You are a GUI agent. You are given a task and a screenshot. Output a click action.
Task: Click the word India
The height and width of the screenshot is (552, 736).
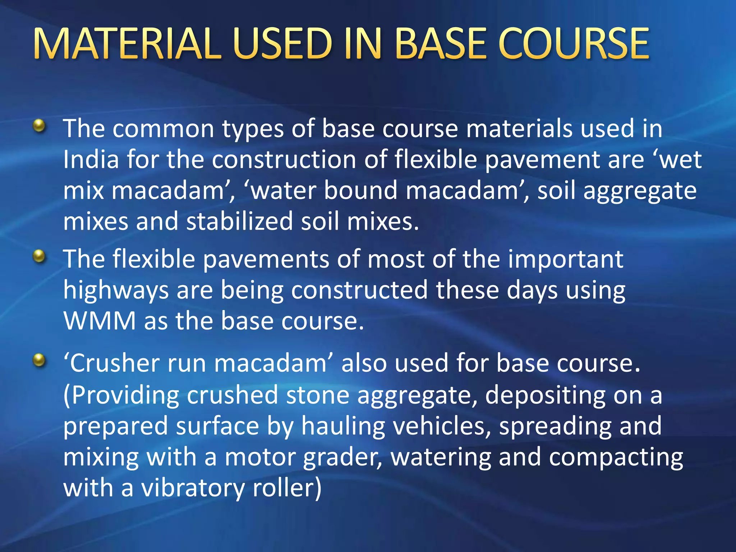tap(91, 160)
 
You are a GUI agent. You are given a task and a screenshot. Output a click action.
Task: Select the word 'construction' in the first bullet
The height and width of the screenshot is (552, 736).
tap(284, 160)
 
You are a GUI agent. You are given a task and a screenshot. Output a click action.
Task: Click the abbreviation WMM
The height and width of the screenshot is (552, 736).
tap(100, 321)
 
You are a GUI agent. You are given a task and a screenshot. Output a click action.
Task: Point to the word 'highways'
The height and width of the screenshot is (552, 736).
tap(116, 290)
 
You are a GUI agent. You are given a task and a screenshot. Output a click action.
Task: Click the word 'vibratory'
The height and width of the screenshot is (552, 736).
tap(193, 488)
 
